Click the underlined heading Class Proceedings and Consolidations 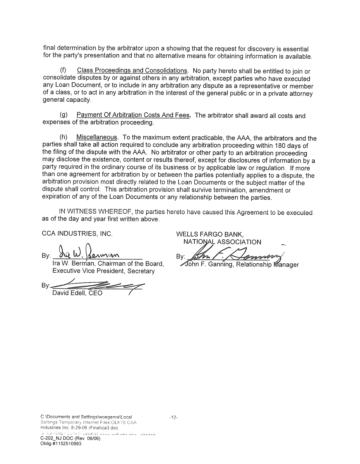coord(132,70)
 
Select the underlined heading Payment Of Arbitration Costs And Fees coord(133,115)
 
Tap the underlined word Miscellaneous coord(97,137)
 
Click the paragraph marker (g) coord(64,115)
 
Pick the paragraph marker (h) coord(63,137)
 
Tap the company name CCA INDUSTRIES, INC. coord(77,234)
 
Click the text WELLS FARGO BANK coord(210,234)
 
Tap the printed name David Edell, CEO coord(77,293)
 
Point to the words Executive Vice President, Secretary coord(103,271)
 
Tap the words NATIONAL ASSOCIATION coord(222,242)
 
